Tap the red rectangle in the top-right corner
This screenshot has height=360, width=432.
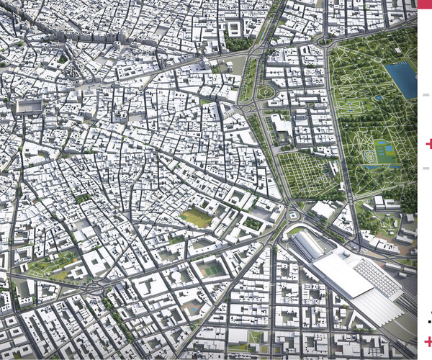point(425,4)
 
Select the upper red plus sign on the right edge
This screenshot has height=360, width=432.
point(429,144)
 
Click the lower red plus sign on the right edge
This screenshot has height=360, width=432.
point(428,341)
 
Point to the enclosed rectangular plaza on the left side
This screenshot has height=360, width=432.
point(30,107)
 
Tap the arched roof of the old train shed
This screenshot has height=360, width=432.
point(306,246)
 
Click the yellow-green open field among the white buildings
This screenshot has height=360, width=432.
point(196,216)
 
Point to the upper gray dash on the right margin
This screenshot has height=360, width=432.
point(426,94)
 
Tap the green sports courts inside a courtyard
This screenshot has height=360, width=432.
point(211,269)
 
